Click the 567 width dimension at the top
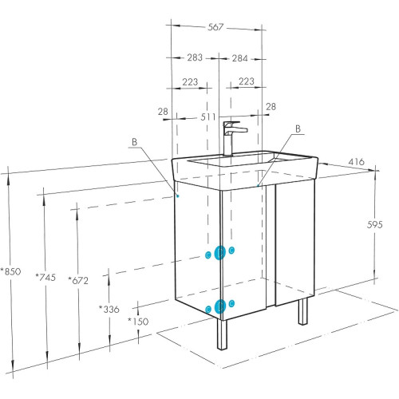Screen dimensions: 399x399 coord(215,27)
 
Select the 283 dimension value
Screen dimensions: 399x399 coord(195,57)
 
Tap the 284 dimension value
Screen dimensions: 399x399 coord(239,58)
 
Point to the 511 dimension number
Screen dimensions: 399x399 coord(207,117)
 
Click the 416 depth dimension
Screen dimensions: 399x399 coord(357,162)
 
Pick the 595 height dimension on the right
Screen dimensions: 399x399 coord(374,225)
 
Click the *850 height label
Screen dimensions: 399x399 coord(10,271)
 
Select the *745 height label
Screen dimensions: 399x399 coord(45,278)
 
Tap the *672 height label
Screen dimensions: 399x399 coord(78,280)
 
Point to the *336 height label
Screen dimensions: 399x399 coord(109,309)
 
